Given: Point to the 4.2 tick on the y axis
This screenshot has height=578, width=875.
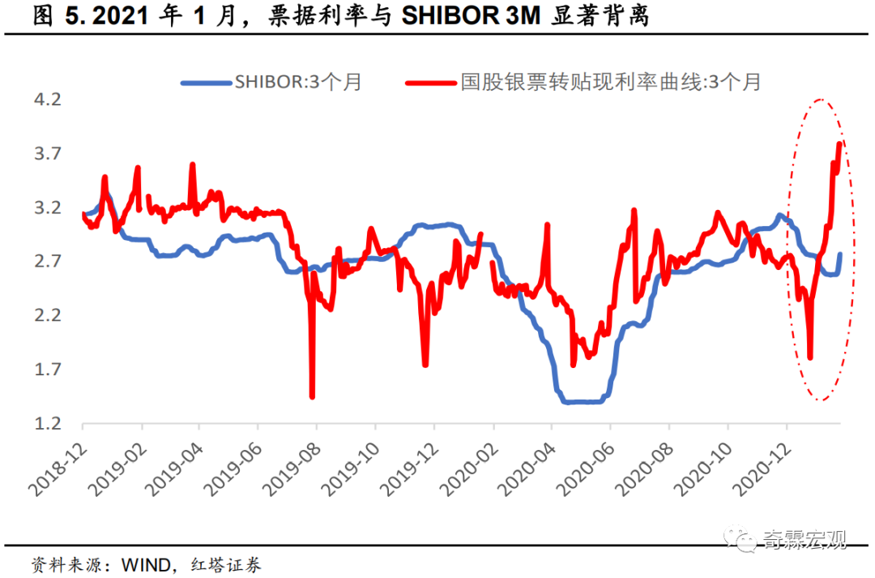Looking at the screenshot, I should coord(50,100).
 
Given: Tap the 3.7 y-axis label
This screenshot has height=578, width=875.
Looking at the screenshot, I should coord(50,154).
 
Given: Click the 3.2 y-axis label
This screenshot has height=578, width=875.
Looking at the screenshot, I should coord(50,208).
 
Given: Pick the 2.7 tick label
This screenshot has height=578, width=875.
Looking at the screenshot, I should coord(50,261).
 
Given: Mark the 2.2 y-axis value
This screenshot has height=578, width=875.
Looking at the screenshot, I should coord(50,315).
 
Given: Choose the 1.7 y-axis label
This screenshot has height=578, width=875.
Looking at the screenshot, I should coord(50,370).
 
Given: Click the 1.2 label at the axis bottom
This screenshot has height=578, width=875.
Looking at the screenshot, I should coord(50,423).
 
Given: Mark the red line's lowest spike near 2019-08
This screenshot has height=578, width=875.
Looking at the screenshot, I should coord(312,396).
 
